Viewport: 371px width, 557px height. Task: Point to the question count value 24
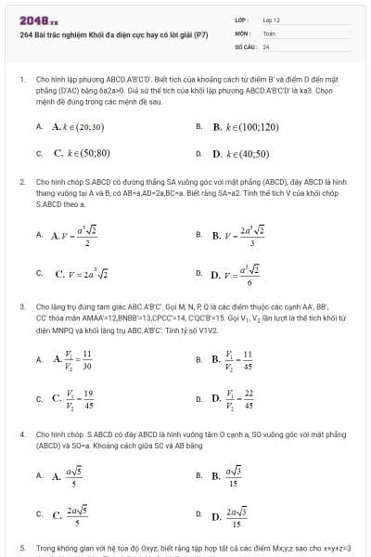[266, 45]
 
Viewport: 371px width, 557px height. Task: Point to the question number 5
[21, 548]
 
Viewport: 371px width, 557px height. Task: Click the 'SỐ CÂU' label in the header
[244, 45]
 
